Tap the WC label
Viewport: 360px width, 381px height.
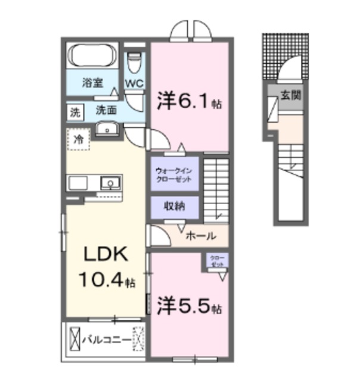pos(134,83)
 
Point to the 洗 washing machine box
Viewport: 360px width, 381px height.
pos(75,111)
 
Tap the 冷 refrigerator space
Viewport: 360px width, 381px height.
pos(78,140)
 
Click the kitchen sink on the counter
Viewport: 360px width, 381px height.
pos(108,182)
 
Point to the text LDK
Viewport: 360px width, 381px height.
pos(105,255)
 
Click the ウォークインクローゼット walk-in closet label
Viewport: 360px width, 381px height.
pos(173,174)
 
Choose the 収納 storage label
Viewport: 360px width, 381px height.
pos(174,206)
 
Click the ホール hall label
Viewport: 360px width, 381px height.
pos(201,236)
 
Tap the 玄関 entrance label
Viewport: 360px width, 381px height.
pos(290,93)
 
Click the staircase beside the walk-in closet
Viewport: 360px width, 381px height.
pos(216,188)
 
